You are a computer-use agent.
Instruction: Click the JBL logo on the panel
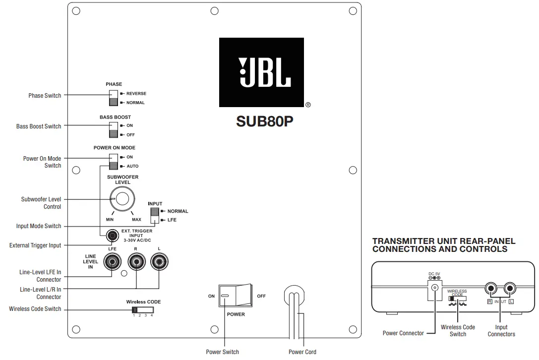(261, 72)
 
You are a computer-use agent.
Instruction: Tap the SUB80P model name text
(264, 121)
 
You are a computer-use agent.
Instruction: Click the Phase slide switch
(114, 98)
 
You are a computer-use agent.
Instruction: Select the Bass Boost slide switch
(114, 130)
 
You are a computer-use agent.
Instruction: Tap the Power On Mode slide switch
(114, 162)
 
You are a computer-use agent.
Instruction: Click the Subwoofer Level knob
(122, 199)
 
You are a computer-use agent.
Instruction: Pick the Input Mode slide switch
(155, 215)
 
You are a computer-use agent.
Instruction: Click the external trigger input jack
(113, 234)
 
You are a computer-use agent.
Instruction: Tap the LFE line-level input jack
(113, 261)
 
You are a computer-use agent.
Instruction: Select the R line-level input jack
(136, 261)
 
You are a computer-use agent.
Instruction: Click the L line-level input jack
(159, 261)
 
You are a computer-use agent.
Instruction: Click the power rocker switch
(235, 296)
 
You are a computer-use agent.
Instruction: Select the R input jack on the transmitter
(491, 288)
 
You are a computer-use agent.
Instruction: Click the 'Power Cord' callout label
(302, 352)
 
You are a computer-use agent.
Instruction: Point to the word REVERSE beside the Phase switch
(136, 93)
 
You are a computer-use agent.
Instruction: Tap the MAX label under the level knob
(136, 219)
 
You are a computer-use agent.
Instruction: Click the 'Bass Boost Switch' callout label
(39, 126)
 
